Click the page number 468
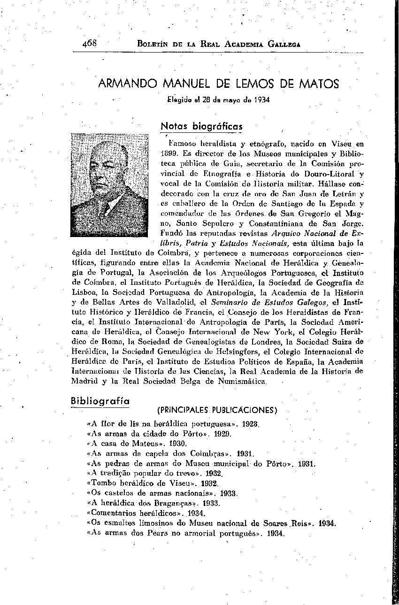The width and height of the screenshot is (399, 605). (89, 43)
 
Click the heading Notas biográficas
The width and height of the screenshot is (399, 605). (201, 126)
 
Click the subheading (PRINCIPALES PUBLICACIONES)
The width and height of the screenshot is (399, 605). (217, 410)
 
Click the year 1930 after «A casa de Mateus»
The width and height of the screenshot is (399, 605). (178, 444)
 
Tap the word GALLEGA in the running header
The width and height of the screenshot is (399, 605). (284, 44)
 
